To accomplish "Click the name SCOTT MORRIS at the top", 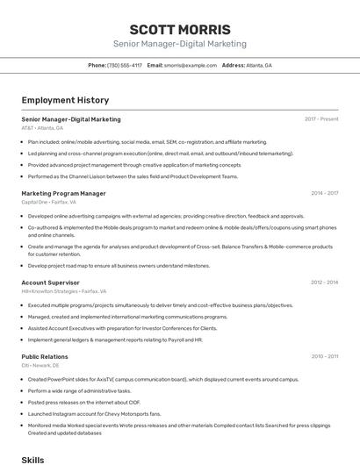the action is pos(179,29).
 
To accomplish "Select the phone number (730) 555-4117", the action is pos(125,65).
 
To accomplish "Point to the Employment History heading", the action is pos(65,100).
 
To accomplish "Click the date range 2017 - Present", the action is pos(321,119).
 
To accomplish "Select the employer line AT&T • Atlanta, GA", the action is pos(42,128).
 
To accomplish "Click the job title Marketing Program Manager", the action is pos(63,193).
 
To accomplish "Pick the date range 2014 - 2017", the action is pos(324,193).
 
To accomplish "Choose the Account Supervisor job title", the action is pos(50,283).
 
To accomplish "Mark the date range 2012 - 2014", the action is pos(324,283).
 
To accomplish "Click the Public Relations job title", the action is pos(45,356).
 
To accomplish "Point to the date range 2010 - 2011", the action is pos(324,356).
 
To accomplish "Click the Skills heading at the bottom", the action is pos(32,459).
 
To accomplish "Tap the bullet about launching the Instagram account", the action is pos(95,413).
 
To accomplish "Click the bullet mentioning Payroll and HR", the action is pos(115,340).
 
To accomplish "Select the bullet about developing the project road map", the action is pos(119,265).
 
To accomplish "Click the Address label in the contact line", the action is pos(233,65).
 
